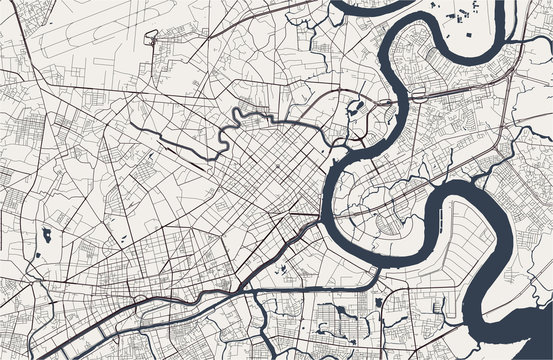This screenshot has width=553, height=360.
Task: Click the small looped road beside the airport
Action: [x=151, y=39]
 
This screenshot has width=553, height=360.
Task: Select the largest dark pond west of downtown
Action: [x=46, y=236]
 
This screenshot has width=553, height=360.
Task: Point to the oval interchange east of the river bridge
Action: [x=417, y=93]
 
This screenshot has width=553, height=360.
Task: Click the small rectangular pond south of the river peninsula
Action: [x=379, y=303]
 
